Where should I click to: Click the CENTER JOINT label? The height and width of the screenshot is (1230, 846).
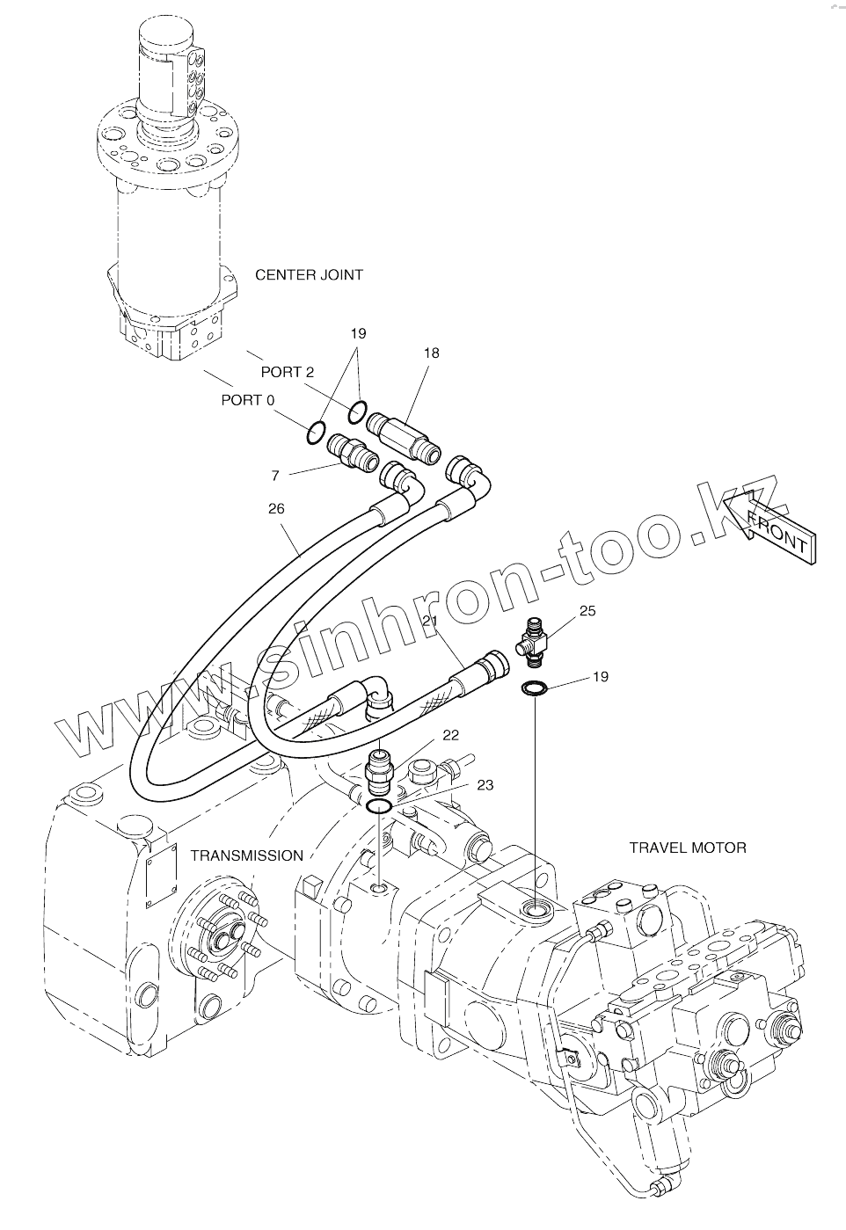pos(309,275)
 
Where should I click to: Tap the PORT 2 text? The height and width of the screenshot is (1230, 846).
pos(287,372)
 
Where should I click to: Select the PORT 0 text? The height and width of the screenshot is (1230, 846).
pos(247,400)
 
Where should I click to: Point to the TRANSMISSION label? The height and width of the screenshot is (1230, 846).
pos(247,855)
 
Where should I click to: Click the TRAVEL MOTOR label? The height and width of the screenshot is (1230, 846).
pos(688,848)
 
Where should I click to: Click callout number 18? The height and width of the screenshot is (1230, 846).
pos(431,353)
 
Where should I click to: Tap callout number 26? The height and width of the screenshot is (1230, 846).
pos(276,508)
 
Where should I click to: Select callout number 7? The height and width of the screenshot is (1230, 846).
pos(275,476)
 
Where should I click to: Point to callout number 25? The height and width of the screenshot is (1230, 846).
pos(587,610)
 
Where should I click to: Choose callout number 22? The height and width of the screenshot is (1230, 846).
pos(450,734)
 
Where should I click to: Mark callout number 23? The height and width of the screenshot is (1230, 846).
pos(485,785)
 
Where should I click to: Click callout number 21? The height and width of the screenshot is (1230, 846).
pos(430,621)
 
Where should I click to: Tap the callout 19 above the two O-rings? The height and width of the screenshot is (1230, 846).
pos(358,334)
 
